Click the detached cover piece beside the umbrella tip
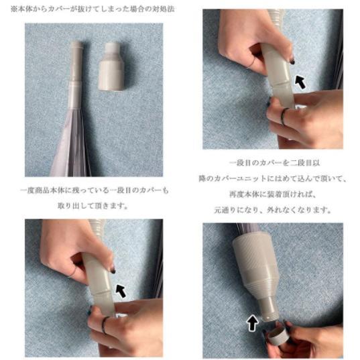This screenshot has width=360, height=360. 111,67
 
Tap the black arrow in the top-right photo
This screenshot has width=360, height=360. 300,82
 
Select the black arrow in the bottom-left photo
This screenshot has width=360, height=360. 121,291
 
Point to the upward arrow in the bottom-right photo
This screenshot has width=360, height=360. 252,323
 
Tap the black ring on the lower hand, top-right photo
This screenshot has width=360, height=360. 284,116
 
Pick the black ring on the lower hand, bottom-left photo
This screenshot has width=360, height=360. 105,324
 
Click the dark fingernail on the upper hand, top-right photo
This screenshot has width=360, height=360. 292,61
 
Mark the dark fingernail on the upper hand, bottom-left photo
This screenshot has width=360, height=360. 113,271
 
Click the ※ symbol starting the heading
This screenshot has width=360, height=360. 13,9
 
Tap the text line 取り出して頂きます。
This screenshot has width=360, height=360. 93,206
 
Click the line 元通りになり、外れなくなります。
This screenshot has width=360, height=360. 273,210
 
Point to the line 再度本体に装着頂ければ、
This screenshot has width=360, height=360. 274,194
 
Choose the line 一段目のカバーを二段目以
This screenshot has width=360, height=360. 275,163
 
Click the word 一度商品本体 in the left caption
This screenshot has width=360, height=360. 42,190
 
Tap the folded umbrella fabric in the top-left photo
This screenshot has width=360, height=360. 70,142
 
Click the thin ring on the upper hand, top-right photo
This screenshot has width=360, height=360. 251,62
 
